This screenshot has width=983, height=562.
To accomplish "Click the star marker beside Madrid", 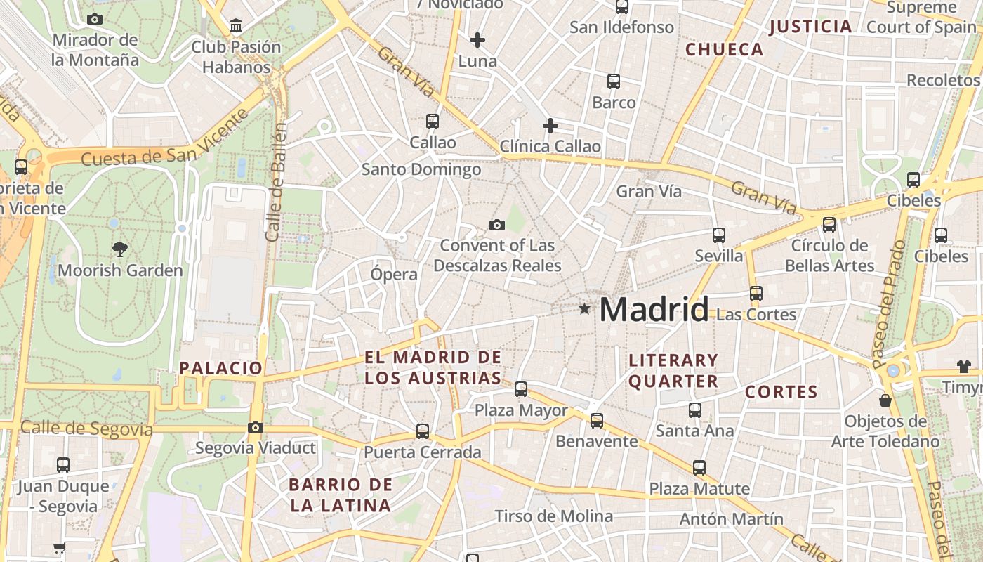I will pos(584,309).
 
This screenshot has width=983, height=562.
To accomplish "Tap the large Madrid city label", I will pos(654,310).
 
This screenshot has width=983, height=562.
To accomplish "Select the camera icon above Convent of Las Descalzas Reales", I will pos(497,225).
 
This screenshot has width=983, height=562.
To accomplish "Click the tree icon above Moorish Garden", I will pos(120,248).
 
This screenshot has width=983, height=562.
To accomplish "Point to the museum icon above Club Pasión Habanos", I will pos(236,27).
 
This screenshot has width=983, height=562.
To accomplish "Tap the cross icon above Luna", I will pos(477,40).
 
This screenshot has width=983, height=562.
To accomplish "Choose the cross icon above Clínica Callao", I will pos(550,126).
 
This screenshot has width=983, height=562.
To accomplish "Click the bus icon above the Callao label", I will pos(433,122).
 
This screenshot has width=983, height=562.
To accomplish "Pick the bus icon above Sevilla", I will pos(718,235).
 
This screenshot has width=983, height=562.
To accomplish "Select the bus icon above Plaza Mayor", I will pos(521,388).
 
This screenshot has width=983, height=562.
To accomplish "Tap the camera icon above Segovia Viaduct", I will pos(256,427).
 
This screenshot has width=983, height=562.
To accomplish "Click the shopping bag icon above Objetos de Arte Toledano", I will pos(885,400).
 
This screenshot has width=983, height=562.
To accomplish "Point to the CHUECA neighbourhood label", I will pos(724,50).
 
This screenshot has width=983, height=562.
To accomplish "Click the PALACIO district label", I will pos(220,368).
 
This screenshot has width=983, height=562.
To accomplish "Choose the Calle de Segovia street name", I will pos(86,429).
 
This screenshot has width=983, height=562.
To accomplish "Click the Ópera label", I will pos(394,274).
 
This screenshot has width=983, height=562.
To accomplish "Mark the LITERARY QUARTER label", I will pos(673,371).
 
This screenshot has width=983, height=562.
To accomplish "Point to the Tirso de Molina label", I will pos(553,516).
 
